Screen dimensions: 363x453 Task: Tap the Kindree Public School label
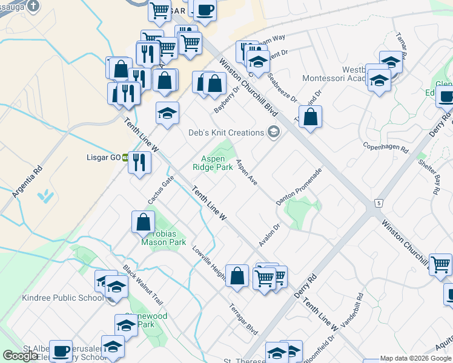[54, 298]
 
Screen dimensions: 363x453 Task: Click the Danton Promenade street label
[299, 186]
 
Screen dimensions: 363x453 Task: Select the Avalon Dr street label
[269, 235]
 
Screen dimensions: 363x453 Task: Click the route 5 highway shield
[379, 201]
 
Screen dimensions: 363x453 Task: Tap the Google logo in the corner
[20, 356]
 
